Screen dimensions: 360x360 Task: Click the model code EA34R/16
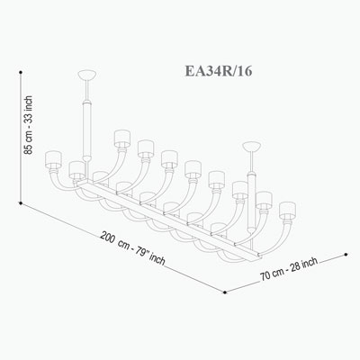(219, 71)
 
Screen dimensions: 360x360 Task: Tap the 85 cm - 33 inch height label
(28, 125)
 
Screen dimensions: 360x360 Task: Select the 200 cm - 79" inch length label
(133, 248)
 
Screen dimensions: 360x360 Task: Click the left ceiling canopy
(87, 74)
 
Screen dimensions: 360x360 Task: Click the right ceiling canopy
(252, 146)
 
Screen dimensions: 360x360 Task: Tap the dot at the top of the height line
(21, 72)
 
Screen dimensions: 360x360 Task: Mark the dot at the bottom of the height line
(21, 203)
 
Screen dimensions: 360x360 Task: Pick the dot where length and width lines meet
(225, 292)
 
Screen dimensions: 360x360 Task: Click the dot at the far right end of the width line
(346, 255)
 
